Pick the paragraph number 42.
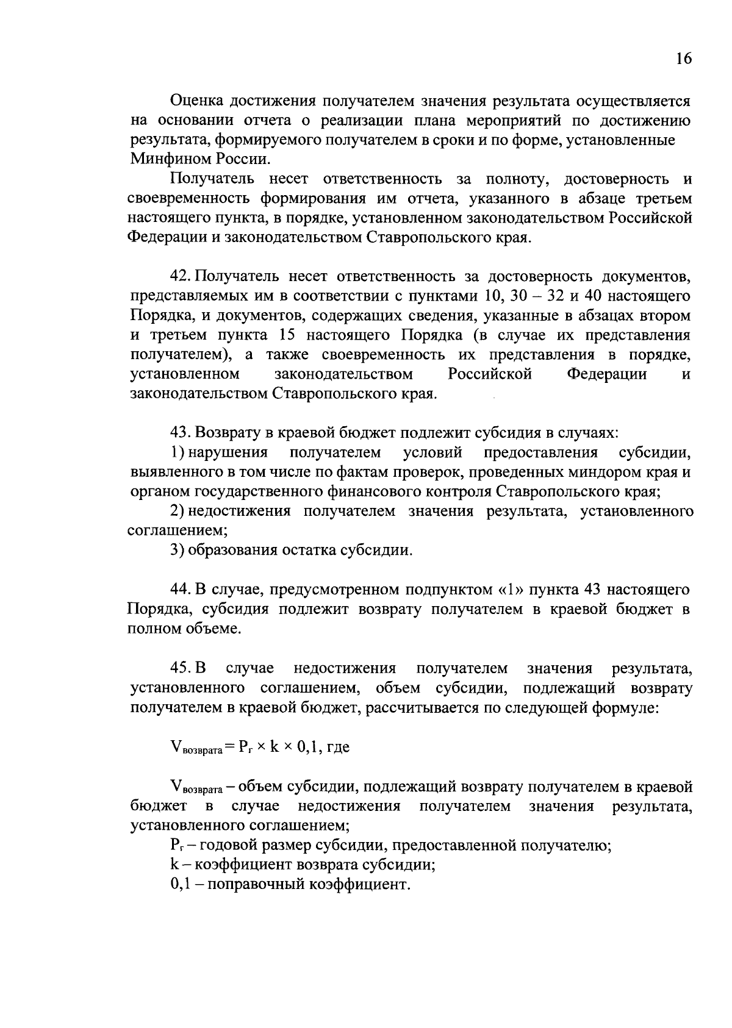[x=181, y=277]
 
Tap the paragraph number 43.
[x=181, y=433]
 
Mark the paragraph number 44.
[x=181, y=590]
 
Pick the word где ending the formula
[x=339, y=747]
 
